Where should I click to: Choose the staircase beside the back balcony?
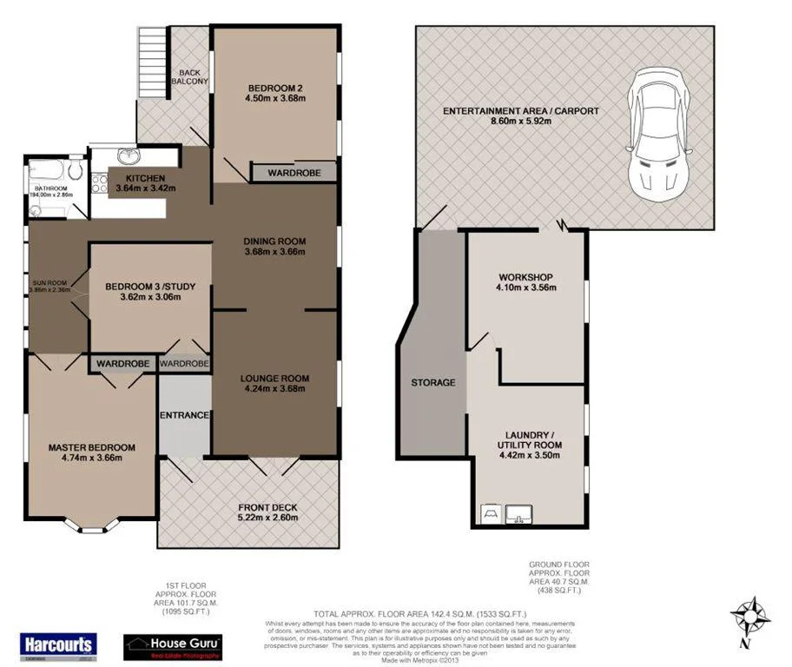point(151,62)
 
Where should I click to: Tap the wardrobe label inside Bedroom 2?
point(294,174)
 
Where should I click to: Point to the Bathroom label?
point(50,188)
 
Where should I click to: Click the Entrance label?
point(184,415)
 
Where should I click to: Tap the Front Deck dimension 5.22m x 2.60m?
point(267,518)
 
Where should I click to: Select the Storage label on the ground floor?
point(433,382)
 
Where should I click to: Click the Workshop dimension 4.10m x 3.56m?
point(525,287)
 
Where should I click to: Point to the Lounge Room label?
point(274,378)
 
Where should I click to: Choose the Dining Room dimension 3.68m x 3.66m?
point(274,253)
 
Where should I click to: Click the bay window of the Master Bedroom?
point(92,524)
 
